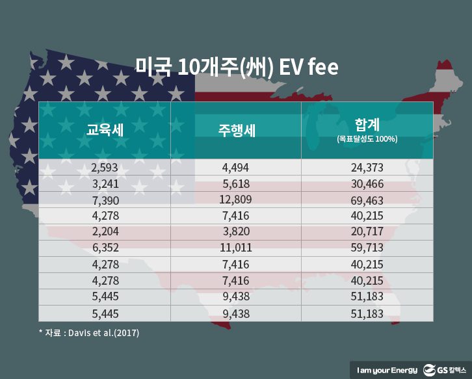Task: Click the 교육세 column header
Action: click(105, 129)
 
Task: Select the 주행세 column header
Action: click(236, 129)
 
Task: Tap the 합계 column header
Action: click(367, 124)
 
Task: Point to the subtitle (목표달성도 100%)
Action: click(367, 139)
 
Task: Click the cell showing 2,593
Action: click(105, 168)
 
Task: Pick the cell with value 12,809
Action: click(236, 199)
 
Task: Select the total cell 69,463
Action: click(367, 200)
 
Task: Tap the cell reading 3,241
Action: click(105, 183)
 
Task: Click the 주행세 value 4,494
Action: click(236, 168)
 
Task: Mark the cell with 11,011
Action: click(236, 248)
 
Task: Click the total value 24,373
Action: click(367, 168)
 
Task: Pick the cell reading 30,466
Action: click(367, 183)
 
